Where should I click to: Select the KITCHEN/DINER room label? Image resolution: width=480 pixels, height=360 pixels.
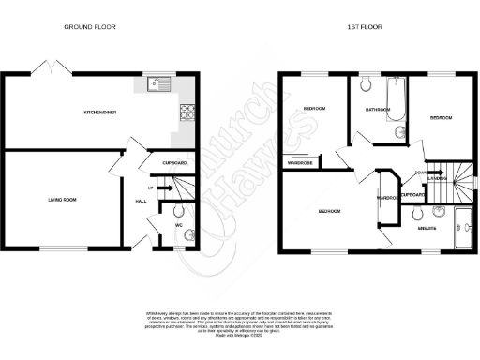(x=99, y=112)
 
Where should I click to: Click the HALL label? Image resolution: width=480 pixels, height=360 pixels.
(x=142, y=201)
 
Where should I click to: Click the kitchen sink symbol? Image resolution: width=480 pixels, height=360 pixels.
(x=156, y=83)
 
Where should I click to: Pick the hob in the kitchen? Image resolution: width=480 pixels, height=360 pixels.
(x=186, y=112)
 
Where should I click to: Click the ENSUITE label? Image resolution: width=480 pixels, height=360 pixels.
(x=427, y=229)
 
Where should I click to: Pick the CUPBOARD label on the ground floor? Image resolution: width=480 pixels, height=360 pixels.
(x=175, y=163)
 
